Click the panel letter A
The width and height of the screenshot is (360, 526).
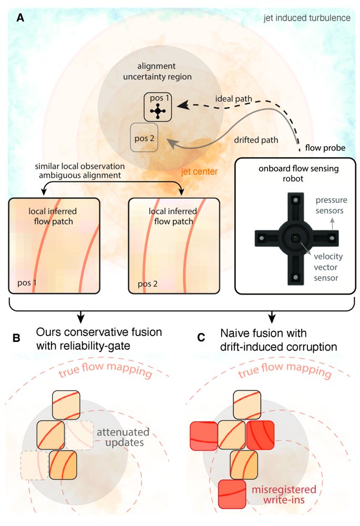coord(20,18)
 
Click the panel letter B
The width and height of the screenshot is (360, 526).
coord(16,338)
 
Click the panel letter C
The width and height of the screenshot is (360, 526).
coord(201,338)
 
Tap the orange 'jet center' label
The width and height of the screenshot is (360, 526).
coord(199,172)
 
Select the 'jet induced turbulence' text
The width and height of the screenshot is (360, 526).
coord(307,18)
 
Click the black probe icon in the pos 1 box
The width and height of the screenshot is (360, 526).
coord(158,111)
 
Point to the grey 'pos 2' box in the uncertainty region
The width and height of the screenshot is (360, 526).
coord(144,137)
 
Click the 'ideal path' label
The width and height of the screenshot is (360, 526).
coord(233,99)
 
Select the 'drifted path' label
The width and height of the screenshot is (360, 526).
coord(256,140)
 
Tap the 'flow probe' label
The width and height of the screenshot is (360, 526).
coord(325,148)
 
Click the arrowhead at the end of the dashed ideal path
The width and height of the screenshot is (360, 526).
coord(182,106)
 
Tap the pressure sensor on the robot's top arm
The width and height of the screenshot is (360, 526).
coord(295,200)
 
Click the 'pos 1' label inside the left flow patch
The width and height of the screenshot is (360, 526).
coord(27,283)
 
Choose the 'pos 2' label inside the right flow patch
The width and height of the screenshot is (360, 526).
coord(148,284)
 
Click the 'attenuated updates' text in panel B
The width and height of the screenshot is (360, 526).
coord(123,437)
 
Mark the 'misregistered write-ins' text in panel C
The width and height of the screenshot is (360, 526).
coord(284,494)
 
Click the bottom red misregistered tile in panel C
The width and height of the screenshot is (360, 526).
coord(232,494)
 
